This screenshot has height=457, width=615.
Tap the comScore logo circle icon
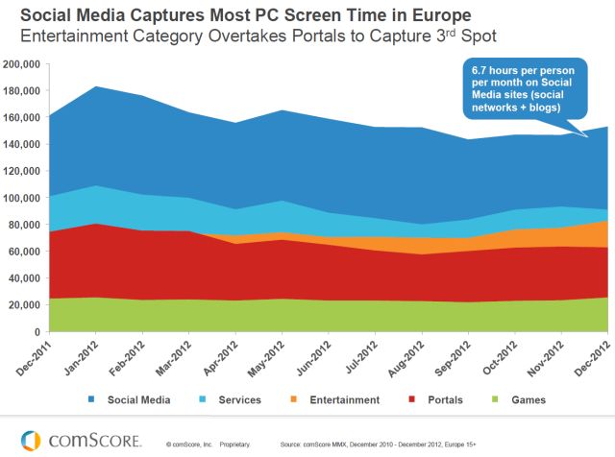point(32,441)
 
